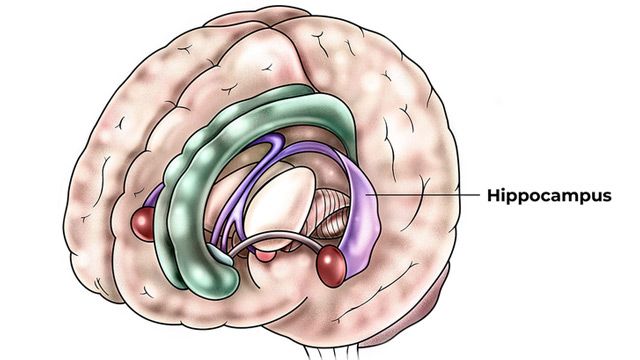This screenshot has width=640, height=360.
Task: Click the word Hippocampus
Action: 549,196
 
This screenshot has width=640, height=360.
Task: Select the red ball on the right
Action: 330,264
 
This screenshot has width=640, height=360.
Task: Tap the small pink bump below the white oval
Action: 265,257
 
